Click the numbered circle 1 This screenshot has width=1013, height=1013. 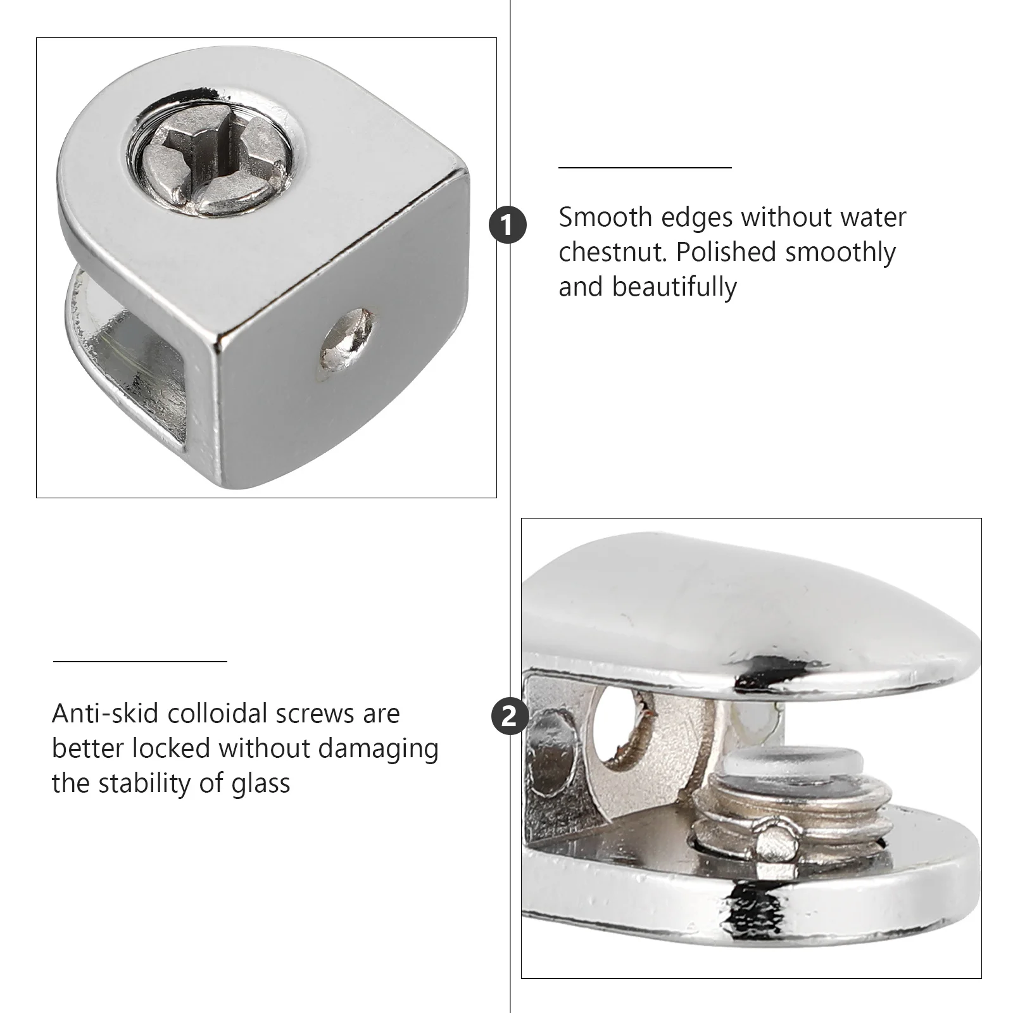tap(508, 225)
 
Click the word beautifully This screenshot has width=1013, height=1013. tap(674, 287)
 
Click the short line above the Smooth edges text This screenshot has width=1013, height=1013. tap(645, 168)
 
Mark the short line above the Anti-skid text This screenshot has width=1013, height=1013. tap(140, 662)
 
